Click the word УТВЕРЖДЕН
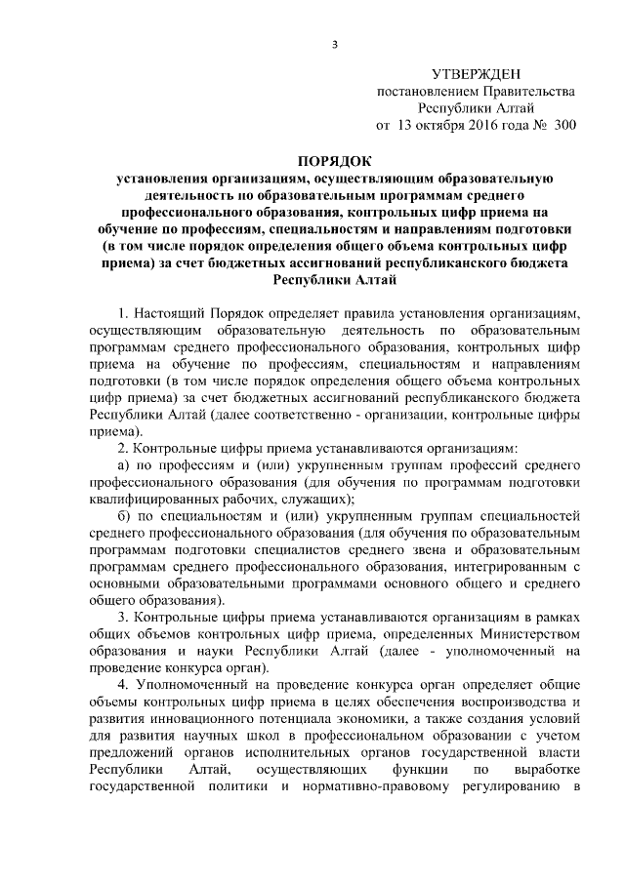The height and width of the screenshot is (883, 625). point(476,74)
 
